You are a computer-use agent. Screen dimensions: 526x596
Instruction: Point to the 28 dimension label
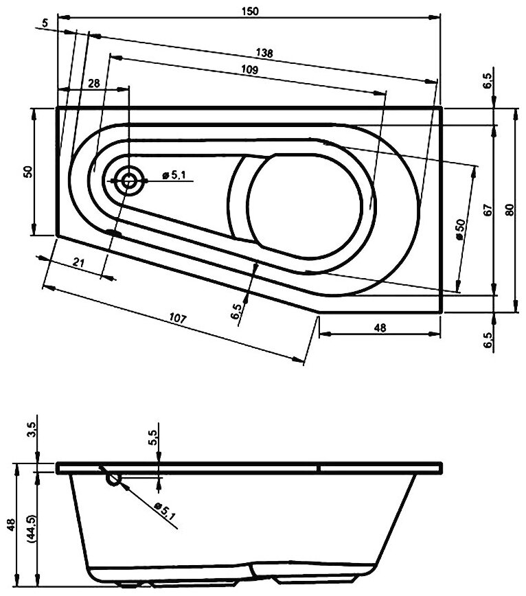coord(93,82)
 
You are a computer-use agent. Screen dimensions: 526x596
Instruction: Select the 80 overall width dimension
coord(508,211)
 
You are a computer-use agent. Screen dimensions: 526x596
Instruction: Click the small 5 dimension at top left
coord(45,23)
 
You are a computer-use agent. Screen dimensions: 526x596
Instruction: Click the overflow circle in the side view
coord(113,478)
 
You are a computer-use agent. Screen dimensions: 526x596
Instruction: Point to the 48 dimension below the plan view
coord(380,328)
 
